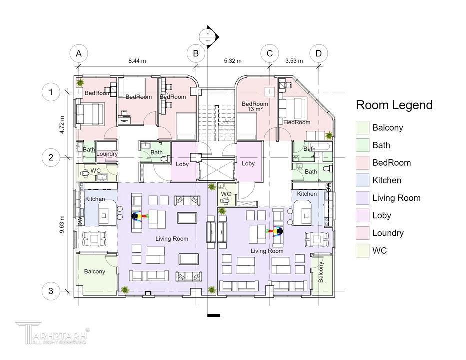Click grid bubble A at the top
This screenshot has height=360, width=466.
(78, 54)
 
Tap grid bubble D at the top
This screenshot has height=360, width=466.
(318, 54)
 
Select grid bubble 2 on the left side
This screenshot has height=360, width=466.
(51, 157)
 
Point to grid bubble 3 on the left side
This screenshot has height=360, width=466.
(51, 291)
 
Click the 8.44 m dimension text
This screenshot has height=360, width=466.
(137, 61)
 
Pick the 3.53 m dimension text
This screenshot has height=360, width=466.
(294, 61)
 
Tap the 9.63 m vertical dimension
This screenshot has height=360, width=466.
(62, 224)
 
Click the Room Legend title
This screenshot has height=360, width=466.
(394, 105)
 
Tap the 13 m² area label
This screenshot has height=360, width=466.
(255, 109)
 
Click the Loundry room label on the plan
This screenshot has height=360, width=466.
(107, 154)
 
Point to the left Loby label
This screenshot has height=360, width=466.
(182, 164)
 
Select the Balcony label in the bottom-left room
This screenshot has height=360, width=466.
(94, 271)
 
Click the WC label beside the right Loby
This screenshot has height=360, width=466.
(226, 194)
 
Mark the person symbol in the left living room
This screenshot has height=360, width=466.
(136, 216)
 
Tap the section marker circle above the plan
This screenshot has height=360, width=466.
(206, 37)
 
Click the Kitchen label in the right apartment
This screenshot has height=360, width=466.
(307, 194)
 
